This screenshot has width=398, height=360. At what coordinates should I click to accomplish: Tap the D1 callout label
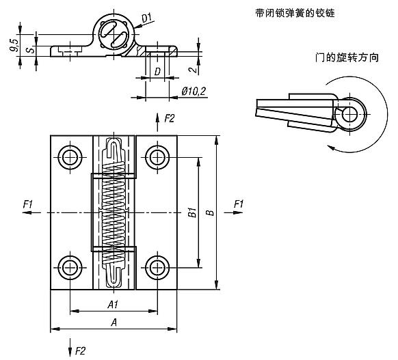point(148,15)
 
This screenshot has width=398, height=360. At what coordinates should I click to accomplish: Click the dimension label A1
point(113,305)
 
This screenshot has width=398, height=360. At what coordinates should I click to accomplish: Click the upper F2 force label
point(170,118)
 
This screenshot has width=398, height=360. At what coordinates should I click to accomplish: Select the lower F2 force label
point(80,350)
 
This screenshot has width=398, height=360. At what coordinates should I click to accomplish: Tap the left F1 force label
point(28,204)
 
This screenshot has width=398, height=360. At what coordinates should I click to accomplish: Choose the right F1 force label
point(239,204)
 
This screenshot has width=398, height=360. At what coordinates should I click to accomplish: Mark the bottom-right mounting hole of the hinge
point(158,266)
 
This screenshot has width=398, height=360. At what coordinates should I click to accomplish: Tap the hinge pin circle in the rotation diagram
point(352,113)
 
